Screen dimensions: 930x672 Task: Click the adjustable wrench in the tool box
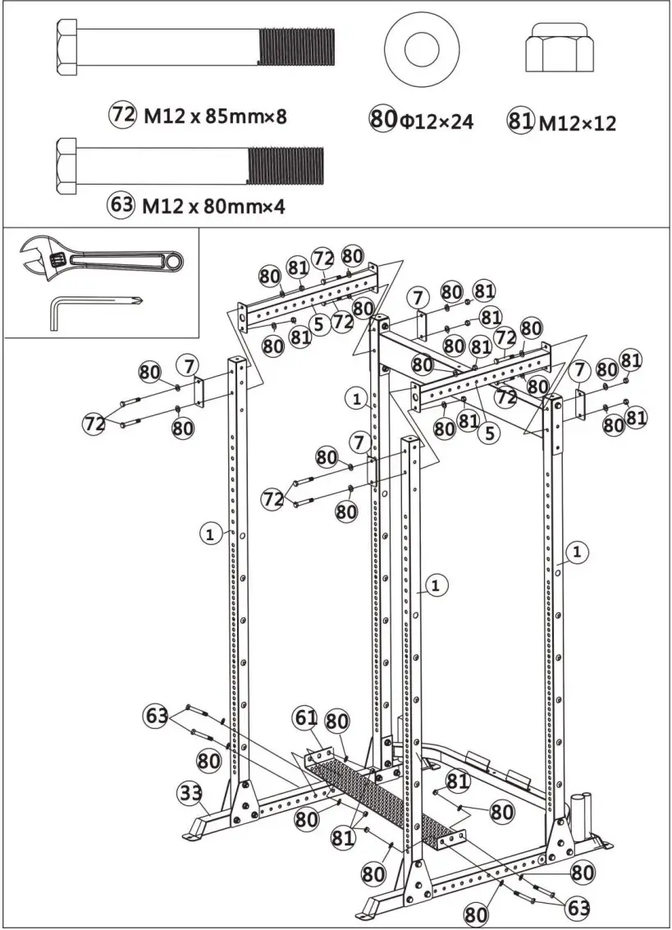[98, 261]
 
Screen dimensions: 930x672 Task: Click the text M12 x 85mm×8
[216, 116]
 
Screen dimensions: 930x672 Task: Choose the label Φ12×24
[437, 122]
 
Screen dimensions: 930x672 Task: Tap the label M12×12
[577, 123]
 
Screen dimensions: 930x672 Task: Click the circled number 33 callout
[190, 794]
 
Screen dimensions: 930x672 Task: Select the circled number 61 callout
[305, 719]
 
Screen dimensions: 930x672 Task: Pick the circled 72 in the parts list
[122, 115]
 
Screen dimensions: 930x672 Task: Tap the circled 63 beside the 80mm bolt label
[121, 204]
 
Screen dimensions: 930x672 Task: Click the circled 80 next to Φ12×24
[382, 121]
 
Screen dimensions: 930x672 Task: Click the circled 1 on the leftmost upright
[210, 534]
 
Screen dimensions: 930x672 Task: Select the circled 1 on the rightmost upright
[578, 551]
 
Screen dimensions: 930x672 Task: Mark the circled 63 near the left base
[157, 714]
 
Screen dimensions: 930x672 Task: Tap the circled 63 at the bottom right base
[578, 907]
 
